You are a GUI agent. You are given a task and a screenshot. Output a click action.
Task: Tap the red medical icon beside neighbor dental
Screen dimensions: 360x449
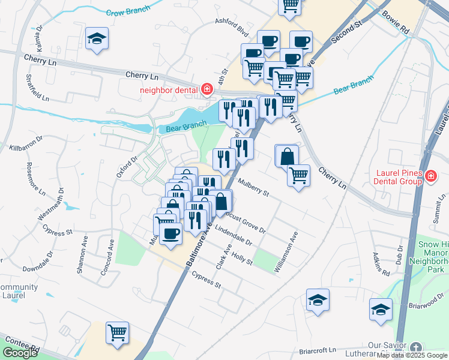click(206, 89)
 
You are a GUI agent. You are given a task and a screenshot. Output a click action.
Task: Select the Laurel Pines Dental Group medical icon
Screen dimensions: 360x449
click(431, 176)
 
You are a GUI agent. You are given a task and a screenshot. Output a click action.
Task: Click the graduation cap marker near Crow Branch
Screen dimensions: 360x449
click(97, 39)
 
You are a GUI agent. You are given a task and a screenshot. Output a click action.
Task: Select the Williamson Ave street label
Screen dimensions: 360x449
click(286, 256)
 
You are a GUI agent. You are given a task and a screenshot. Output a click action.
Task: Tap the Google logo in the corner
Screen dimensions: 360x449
click(20, 353)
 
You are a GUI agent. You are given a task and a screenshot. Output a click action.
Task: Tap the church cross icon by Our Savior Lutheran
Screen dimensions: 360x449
click(417, 347)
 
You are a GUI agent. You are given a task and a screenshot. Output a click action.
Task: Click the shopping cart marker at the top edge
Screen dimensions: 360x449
click(291, 5)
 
